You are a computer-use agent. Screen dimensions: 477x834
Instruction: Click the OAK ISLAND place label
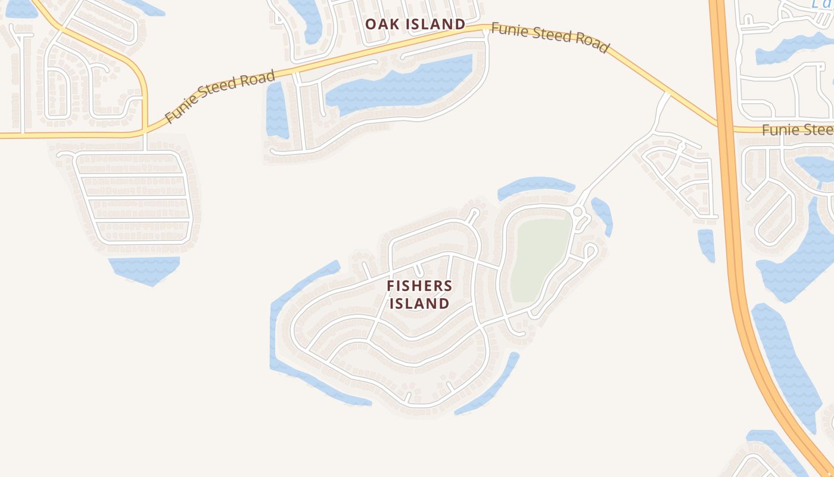(x=415, y=24)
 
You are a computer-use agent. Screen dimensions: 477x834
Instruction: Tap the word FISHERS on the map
(x=419, y=286)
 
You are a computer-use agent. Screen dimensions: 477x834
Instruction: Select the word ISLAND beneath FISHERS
(x=419, y=303)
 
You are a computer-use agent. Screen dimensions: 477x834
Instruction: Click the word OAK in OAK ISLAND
(x=381, y=24)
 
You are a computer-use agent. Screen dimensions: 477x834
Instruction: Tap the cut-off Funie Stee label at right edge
(x=797, y=130)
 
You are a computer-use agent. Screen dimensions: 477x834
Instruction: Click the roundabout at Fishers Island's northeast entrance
(x=577, y=212)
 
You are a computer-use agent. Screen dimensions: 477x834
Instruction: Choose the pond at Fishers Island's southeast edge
(x=488, y=388)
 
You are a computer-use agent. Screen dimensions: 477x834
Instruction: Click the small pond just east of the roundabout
(x=602, y=215)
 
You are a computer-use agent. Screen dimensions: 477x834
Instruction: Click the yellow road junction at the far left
(x=145, y=132)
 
